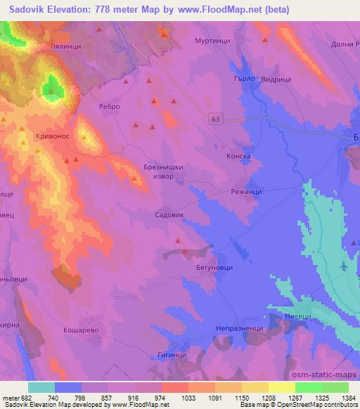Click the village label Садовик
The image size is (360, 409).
pyautogui.click(x=170, y=217)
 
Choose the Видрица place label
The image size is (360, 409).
pyautogui.click(x=276, y=80)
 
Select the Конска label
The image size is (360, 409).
pyautogui.click(x=238, y=157)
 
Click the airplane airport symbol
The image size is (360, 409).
pyautogui.click(x=342, y=266)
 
